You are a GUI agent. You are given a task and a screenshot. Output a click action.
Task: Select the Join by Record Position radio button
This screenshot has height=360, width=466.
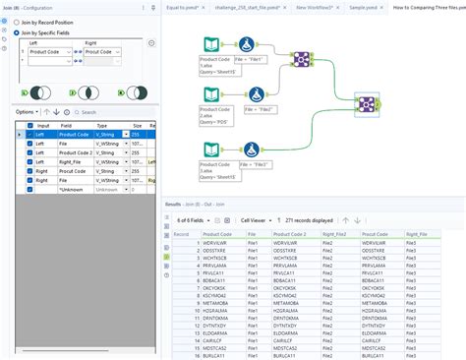(x=19, y=21)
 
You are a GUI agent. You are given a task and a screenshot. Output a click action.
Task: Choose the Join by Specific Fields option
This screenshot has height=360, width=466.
(x=19, y=31)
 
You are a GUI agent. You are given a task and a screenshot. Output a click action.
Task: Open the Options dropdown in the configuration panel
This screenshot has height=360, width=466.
(x=28, y=112)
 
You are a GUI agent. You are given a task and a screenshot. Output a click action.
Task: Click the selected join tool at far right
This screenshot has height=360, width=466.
(x=365, y=105)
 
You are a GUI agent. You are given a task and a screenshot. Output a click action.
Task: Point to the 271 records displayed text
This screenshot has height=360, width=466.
(x=309, y=221)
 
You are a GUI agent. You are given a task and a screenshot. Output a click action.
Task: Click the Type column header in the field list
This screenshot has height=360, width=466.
(x=103, y=126)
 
